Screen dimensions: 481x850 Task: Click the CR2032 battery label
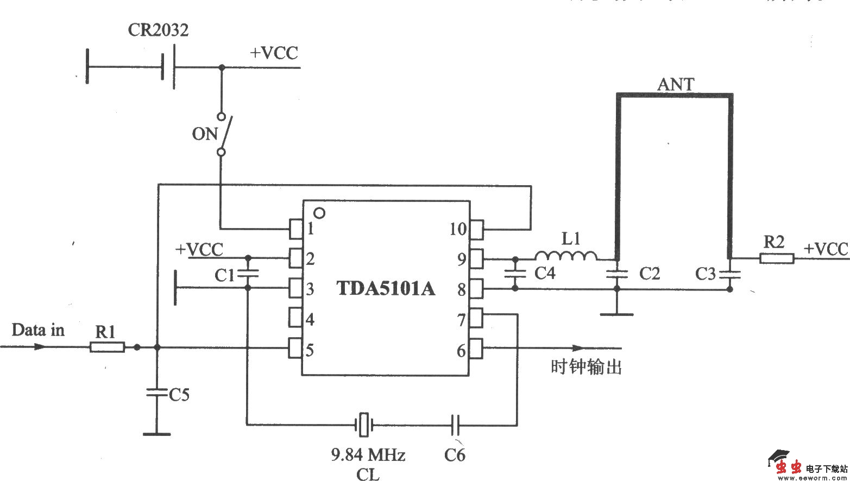(158, 30)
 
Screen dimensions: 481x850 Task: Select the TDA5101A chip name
(386, 288)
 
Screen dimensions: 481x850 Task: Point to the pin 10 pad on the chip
(476, 229)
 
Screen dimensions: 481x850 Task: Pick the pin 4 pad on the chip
(295, 318)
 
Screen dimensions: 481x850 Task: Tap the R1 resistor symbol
(107, 347)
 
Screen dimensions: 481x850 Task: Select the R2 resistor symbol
(776, 258)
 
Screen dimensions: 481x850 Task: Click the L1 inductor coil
(565, 256)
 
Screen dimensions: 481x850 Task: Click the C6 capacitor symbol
(456, 425)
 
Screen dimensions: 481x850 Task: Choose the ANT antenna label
(676, 85)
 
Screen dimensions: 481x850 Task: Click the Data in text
(38, 330)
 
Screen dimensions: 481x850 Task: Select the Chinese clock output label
(585, 368)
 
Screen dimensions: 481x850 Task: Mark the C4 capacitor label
(545, 273)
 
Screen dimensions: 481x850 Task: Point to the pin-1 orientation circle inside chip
(320, 213)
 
